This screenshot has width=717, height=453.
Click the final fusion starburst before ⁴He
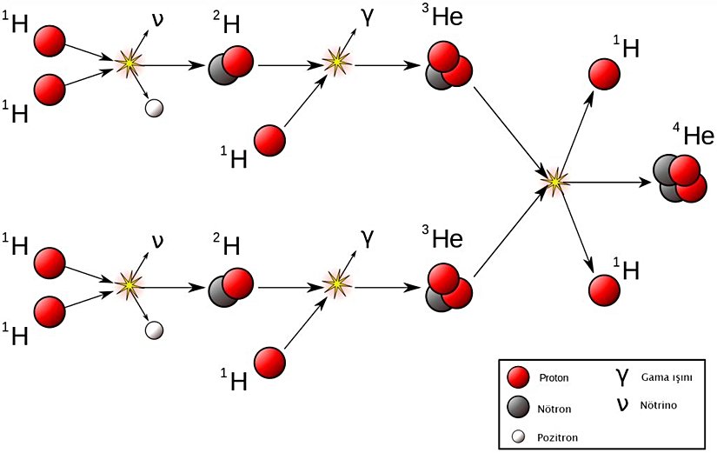click(x=553, y=181)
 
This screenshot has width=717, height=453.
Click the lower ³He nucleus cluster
click(x=448, y=286)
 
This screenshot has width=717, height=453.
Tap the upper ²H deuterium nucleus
click(x=231, y=66)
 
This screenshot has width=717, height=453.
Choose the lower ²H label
click(x=227, y=246)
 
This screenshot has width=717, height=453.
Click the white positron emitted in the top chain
click(x=154, y=108)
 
